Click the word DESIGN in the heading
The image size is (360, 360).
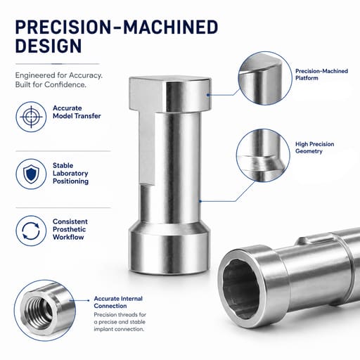point(49,46)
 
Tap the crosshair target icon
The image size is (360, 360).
point(31,117)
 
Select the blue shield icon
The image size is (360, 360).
point(31,174)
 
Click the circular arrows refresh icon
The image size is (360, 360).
point(31,231)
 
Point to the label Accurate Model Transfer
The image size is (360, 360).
point(77,112)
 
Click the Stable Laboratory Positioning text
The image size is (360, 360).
point(70,174)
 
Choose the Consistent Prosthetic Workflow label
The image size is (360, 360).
point(70,229)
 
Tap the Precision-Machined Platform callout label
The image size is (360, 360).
point(321,75)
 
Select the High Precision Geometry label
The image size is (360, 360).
point(314,148)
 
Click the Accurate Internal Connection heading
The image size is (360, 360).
point(118,302)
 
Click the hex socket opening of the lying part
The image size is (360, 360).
point(241,289)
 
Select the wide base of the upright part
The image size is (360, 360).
point(170,248)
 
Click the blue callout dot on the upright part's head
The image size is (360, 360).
point(208,95)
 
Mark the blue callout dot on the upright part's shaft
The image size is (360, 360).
point(200,201)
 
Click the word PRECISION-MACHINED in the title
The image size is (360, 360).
point(117,27)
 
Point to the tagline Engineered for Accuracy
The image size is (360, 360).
point(59,75)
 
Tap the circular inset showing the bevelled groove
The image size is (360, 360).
point(263,155)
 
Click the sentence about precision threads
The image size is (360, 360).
point(120,322)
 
